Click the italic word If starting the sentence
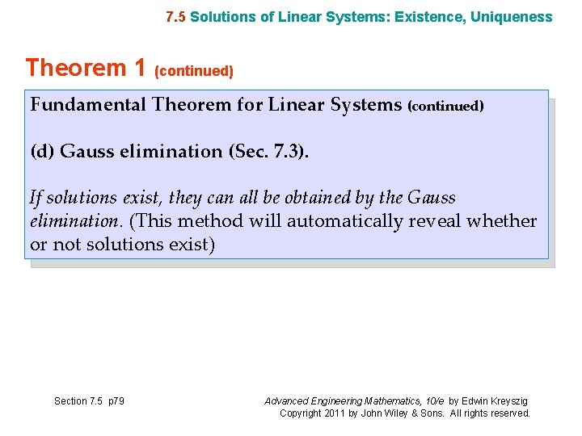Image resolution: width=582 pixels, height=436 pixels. click(x=35, y=198)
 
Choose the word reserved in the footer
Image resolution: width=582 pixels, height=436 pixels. click(x=510, y=413)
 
